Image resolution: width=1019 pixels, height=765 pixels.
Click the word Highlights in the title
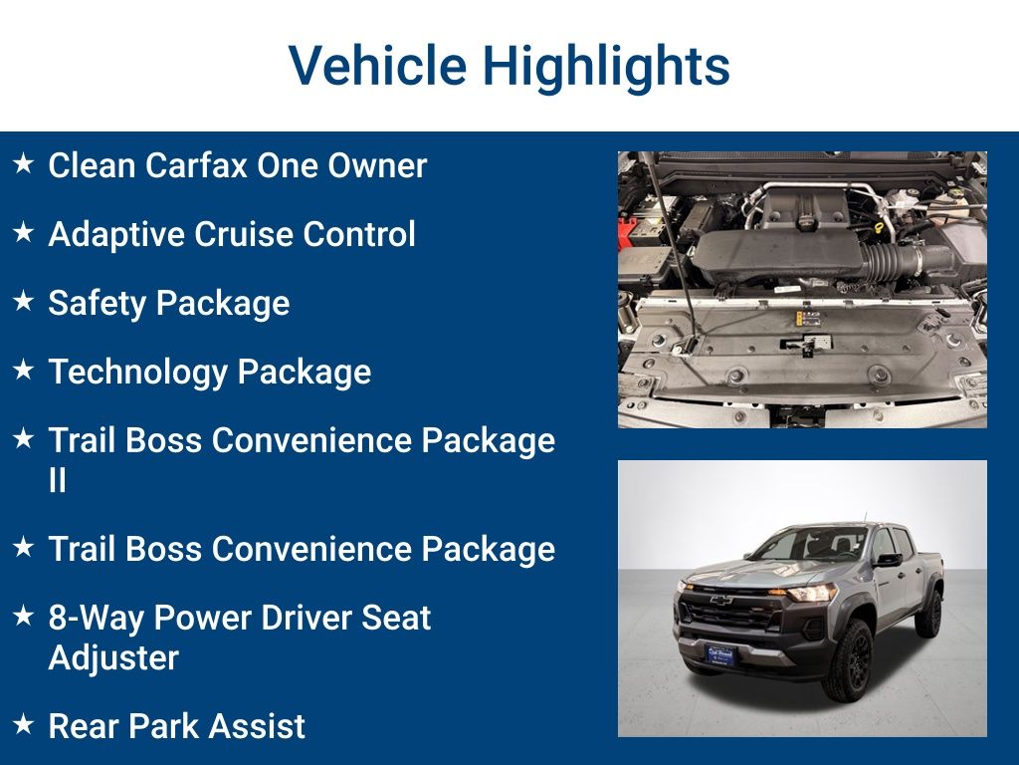pos(606,66)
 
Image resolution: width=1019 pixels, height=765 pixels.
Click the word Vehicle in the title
pos(377,66)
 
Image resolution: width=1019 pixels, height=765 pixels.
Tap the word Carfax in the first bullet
pos(196,165)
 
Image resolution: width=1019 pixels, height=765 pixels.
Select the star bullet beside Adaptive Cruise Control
pos(24,233)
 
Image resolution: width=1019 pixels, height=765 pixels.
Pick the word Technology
pos(137,373)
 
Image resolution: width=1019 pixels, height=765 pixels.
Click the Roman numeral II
pos(57,481)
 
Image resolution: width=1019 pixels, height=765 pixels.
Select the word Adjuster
pos(113,658)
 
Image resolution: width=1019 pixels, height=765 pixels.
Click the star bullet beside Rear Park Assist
pos(24,724)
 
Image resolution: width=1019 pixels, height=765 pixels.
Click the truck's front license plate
pos(718,654)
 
